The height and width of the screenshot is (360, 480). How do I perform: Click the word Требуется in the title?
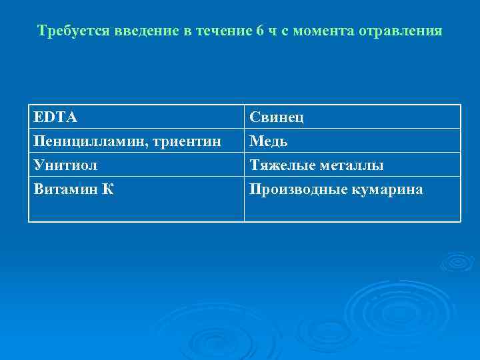tap(69, 31)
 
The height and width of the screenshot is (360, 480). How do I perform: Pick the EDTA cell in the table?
tap(56, 118)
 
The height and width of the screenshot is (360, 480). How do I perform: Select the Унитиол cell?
tap(65, 165)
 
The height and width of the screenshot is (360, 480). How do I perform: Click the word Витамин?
tap(66, 189)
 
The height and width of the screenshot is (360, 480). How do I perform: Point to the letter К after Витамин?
tap(108, 189)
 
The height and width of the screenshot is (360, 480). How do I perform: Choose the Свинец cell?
tap(277, 118)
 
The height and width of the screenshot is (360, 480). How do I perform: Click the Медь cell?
tap(269, 141)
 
